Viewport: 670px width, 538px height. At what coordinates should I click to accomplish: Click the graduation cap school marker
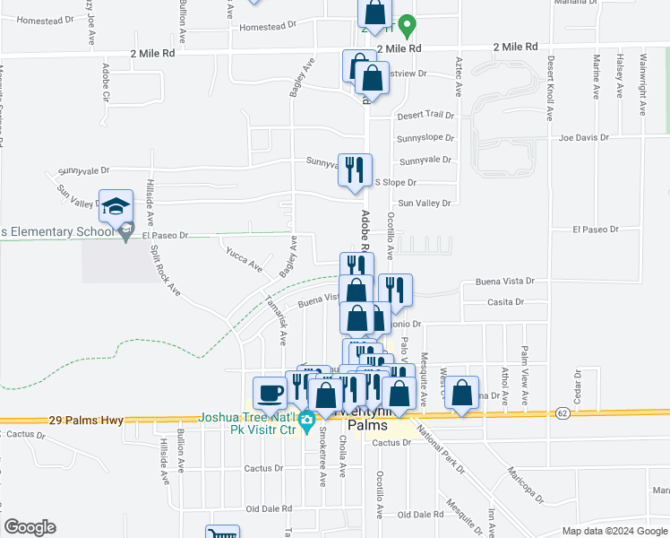tap(116, 207)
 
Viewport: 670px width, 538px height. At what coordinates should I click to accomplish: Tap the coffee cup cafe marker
tap(270, 392)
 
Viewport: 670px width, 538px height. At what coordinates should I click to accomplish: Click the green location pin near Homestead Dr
tap(407, 24)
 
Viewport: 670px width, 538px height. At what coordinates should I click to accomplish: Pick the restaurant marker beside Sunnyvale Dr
tap(355, 169)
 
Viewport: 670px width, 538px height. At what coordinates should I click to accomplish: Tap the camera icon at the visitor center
tap(307, 419)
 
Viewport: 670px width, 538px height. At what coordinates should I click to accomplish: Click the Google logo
tap(30, 527)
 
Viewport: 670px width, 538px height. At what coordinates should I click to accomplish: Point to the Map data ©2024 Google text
tap(614, 531)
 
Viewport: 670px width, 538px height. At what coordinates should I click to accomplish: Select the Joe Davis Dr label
tap(583, 138)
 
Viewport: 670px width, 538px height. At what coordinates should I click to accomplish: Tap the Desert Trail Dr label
tap(425, 116)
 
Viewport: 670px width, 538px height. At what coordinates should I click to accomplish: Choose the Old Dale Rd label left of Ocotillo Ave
tap(274, 508)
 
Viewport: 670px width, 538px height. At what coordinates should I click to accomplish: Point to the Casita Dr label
tap(506, 302)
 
